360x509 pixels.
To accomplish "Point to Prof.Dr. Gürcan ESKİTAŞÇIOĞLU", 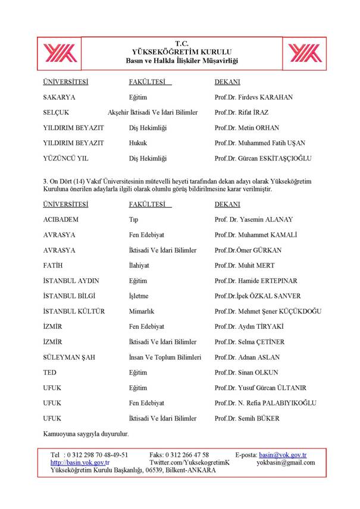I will coord(263,159).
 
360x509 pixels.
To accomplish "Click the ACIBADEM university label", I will coord(61,219).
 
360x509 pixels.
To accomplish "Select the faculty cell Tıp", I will coord(133,219).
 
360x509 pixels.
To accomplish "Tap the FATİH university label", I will coord(53,265).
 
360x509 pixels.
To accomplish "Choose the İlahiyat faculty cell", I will coord(141,265).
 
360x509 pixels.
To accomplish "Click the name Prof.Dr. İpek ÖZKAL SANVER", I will coord(258,296).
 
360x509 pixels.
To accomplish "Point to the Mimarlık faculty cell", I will coord(143,312).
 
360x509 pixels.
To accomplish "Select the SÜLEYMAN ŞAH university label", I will coord(69,357).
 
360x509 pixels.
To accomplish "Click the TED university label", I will coord(50,373).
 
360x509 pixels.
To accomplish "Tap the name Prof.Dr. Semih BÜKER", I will coord(247,419).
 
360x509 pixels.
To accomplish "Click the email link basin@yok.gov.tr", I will coord(287,455).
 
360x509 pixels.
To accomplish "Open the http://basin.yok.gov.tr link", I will coord(80,463).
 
